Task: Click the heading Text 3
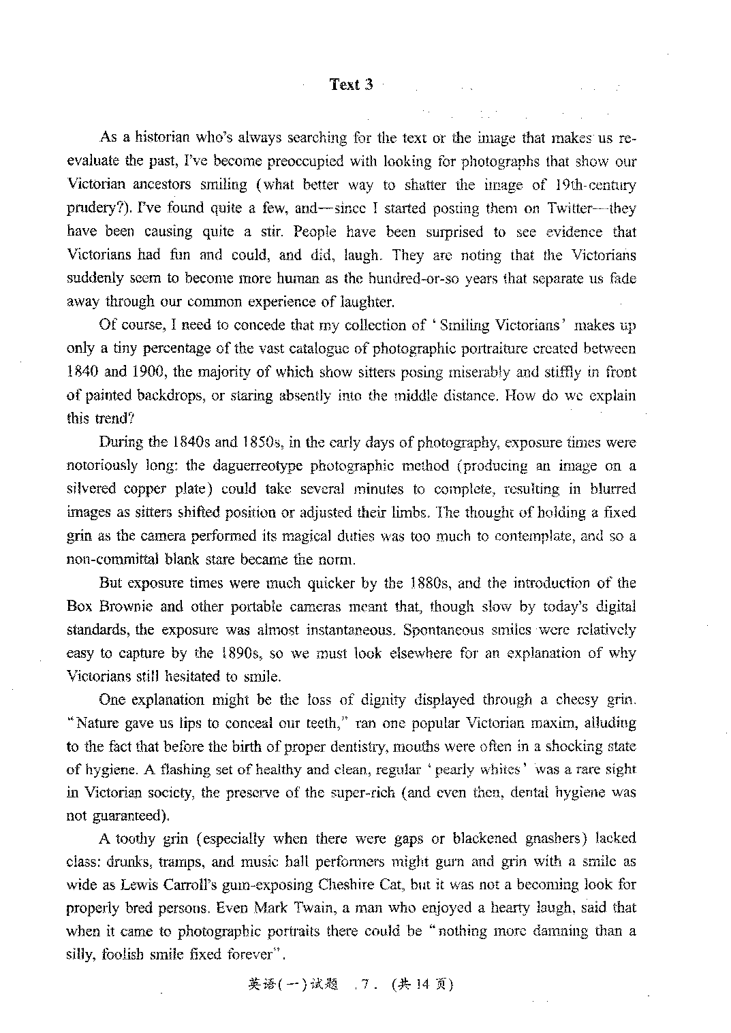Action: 352,84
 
